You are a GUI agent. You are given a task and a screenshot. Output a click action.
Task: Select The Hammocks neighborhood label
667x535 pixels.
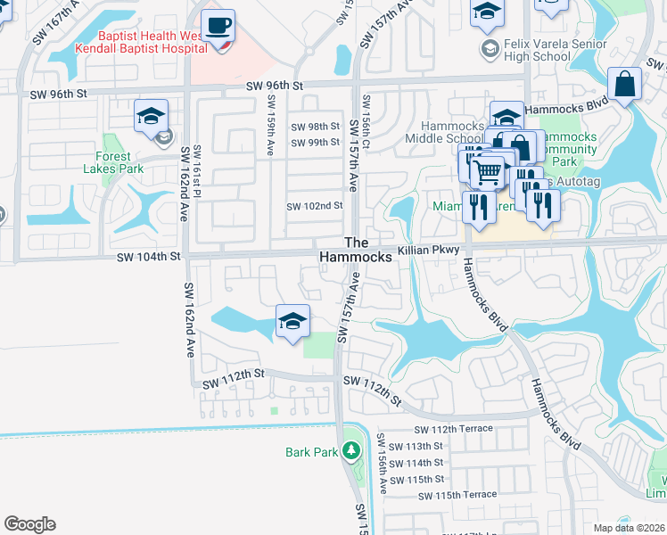356,250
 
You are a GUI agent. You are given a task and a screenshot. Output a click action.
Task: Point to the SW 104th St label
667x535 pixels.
149,256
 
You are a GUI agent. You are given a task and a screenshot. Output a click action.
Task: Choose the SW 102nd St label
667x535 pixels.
314,206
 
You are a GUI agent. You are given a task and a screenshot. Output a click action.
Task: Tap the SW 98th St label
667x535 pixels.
316,127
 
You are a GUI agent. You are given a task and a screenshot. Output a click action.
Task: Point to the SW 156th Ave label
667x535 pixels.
381,465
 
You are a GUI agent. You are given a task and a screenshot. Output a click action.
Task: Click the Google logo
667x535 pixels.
29,524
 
